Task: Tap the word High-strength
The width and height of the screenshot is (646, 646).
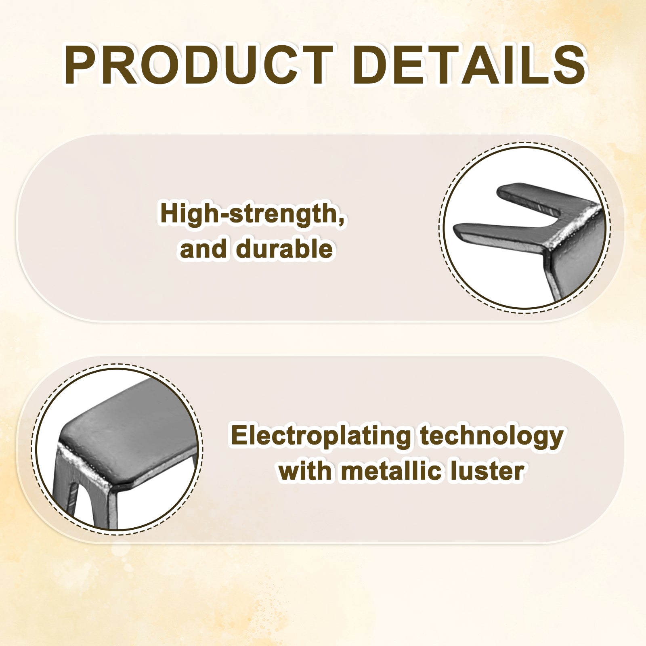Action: point(250,214)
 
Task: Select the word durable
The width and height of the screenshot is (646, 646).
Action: point(285,248)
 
